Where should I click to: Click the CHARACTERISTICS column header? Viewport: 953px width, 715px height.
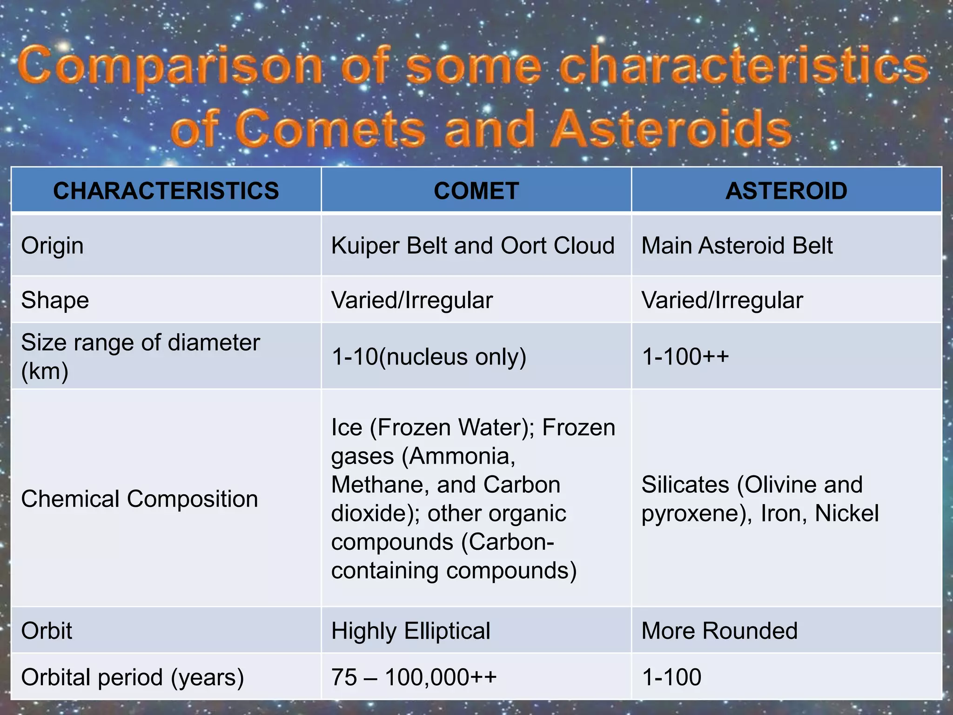coord(166,191)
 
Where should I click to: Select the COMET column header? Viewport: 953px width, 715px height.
coord(476,191)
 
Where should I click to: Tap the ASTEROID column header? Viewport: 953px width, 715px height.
coord(786,191)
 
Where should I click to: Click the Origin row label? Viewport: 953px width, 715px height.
coord(52,246)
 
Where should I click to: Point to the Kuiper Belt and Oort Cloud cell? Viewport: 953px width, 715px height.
coord(473,246)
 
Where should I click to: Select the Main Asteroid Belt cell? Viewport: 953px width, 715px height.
coord(737,246)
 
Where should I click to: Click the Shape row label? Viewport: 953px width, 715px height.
coord(55,300)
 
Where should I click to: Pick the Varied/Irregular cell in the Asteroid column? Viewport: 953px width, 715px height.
coord(722,300)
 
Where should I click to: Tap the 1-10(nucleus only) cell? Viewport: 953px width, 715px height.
coord(429,357)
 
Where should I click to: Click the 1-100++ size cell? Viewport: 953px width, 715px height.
coord(685,357)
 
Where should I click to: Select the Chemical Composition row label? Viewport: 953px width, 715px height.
coord(139,499)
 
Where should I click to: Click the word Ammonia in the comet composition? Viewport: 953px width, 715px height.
coord(459,456)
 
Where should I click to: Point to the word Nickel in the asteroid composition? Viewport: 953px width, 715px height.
coord(846,513)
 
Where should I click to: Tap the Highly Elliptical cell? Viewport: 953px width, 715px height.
coord(410,631)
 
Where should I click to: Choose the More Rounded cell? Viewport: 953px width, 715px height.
coord(719,631)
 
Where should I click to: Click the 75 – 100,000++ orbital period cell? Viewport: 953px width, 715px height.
coord(414,677)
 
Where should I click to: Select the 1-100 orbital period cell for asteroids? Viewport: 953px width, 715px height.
coord(671,677)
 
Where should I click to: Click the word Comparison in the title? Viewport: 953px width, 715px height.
coord(170,67)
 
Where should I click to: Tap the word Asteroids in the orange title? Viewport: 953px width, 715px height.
coord(672,129)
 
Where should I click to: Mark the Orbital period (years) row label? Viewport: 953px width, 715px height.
coord(132,677)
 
